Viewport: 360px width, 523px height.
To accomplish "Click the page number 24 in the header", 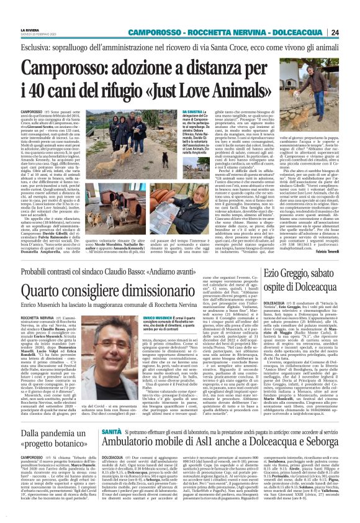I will click(352, 32).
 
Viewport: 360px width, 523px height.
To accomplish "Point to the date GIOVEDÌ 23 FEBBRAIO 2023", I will click(20, 35).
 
